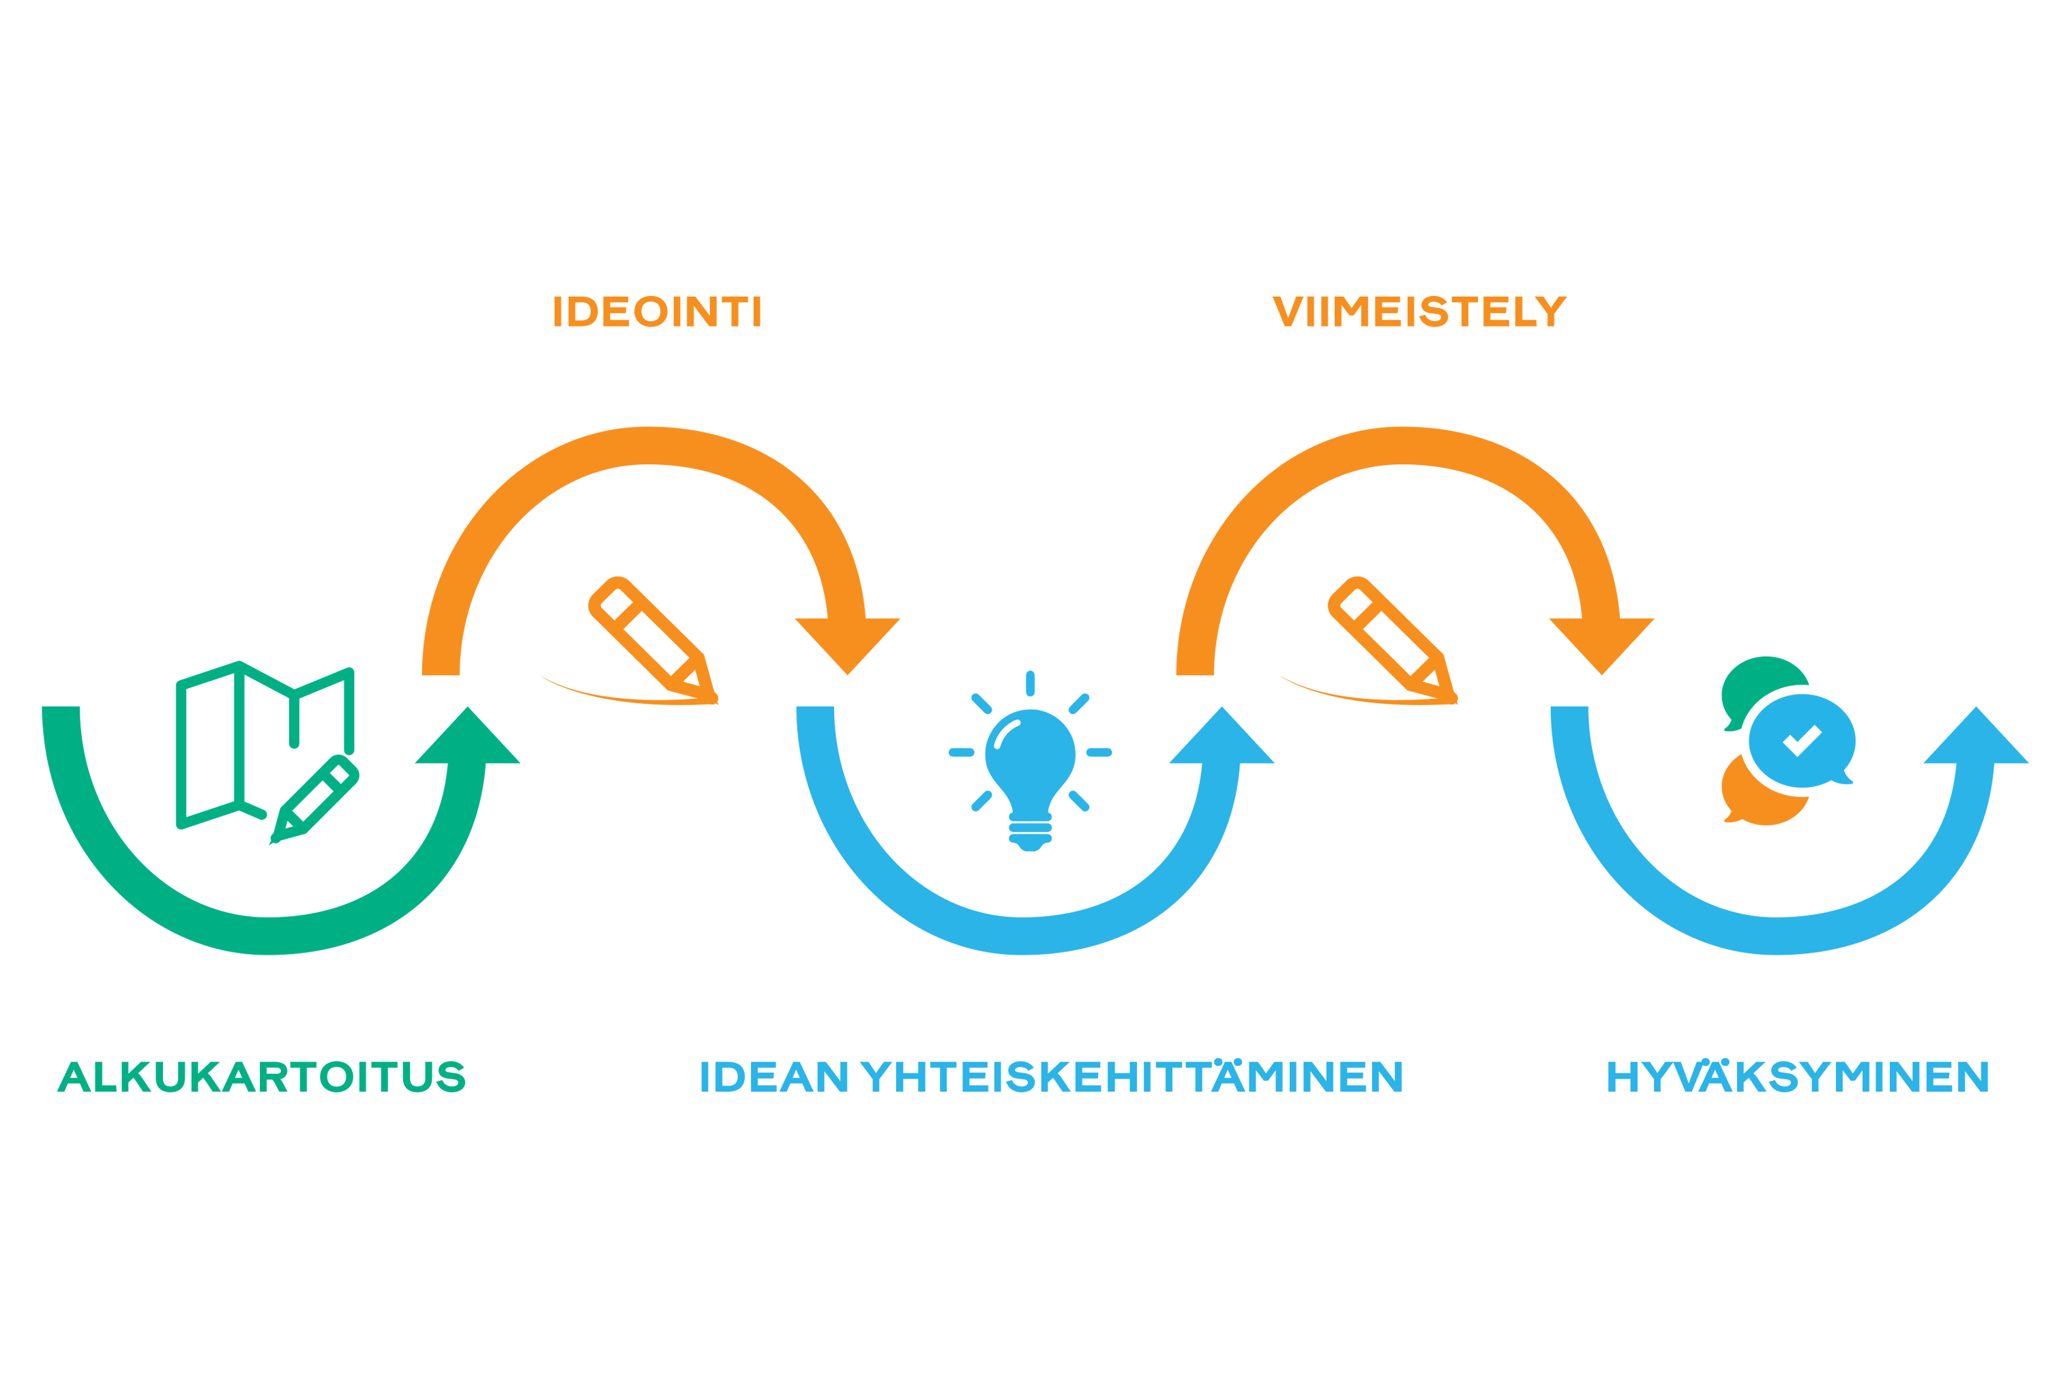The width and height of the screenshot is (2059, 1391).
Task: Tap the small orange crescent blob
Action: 1736,824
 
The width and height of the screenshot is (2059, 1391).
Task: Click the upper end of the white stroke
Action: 1018,723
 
